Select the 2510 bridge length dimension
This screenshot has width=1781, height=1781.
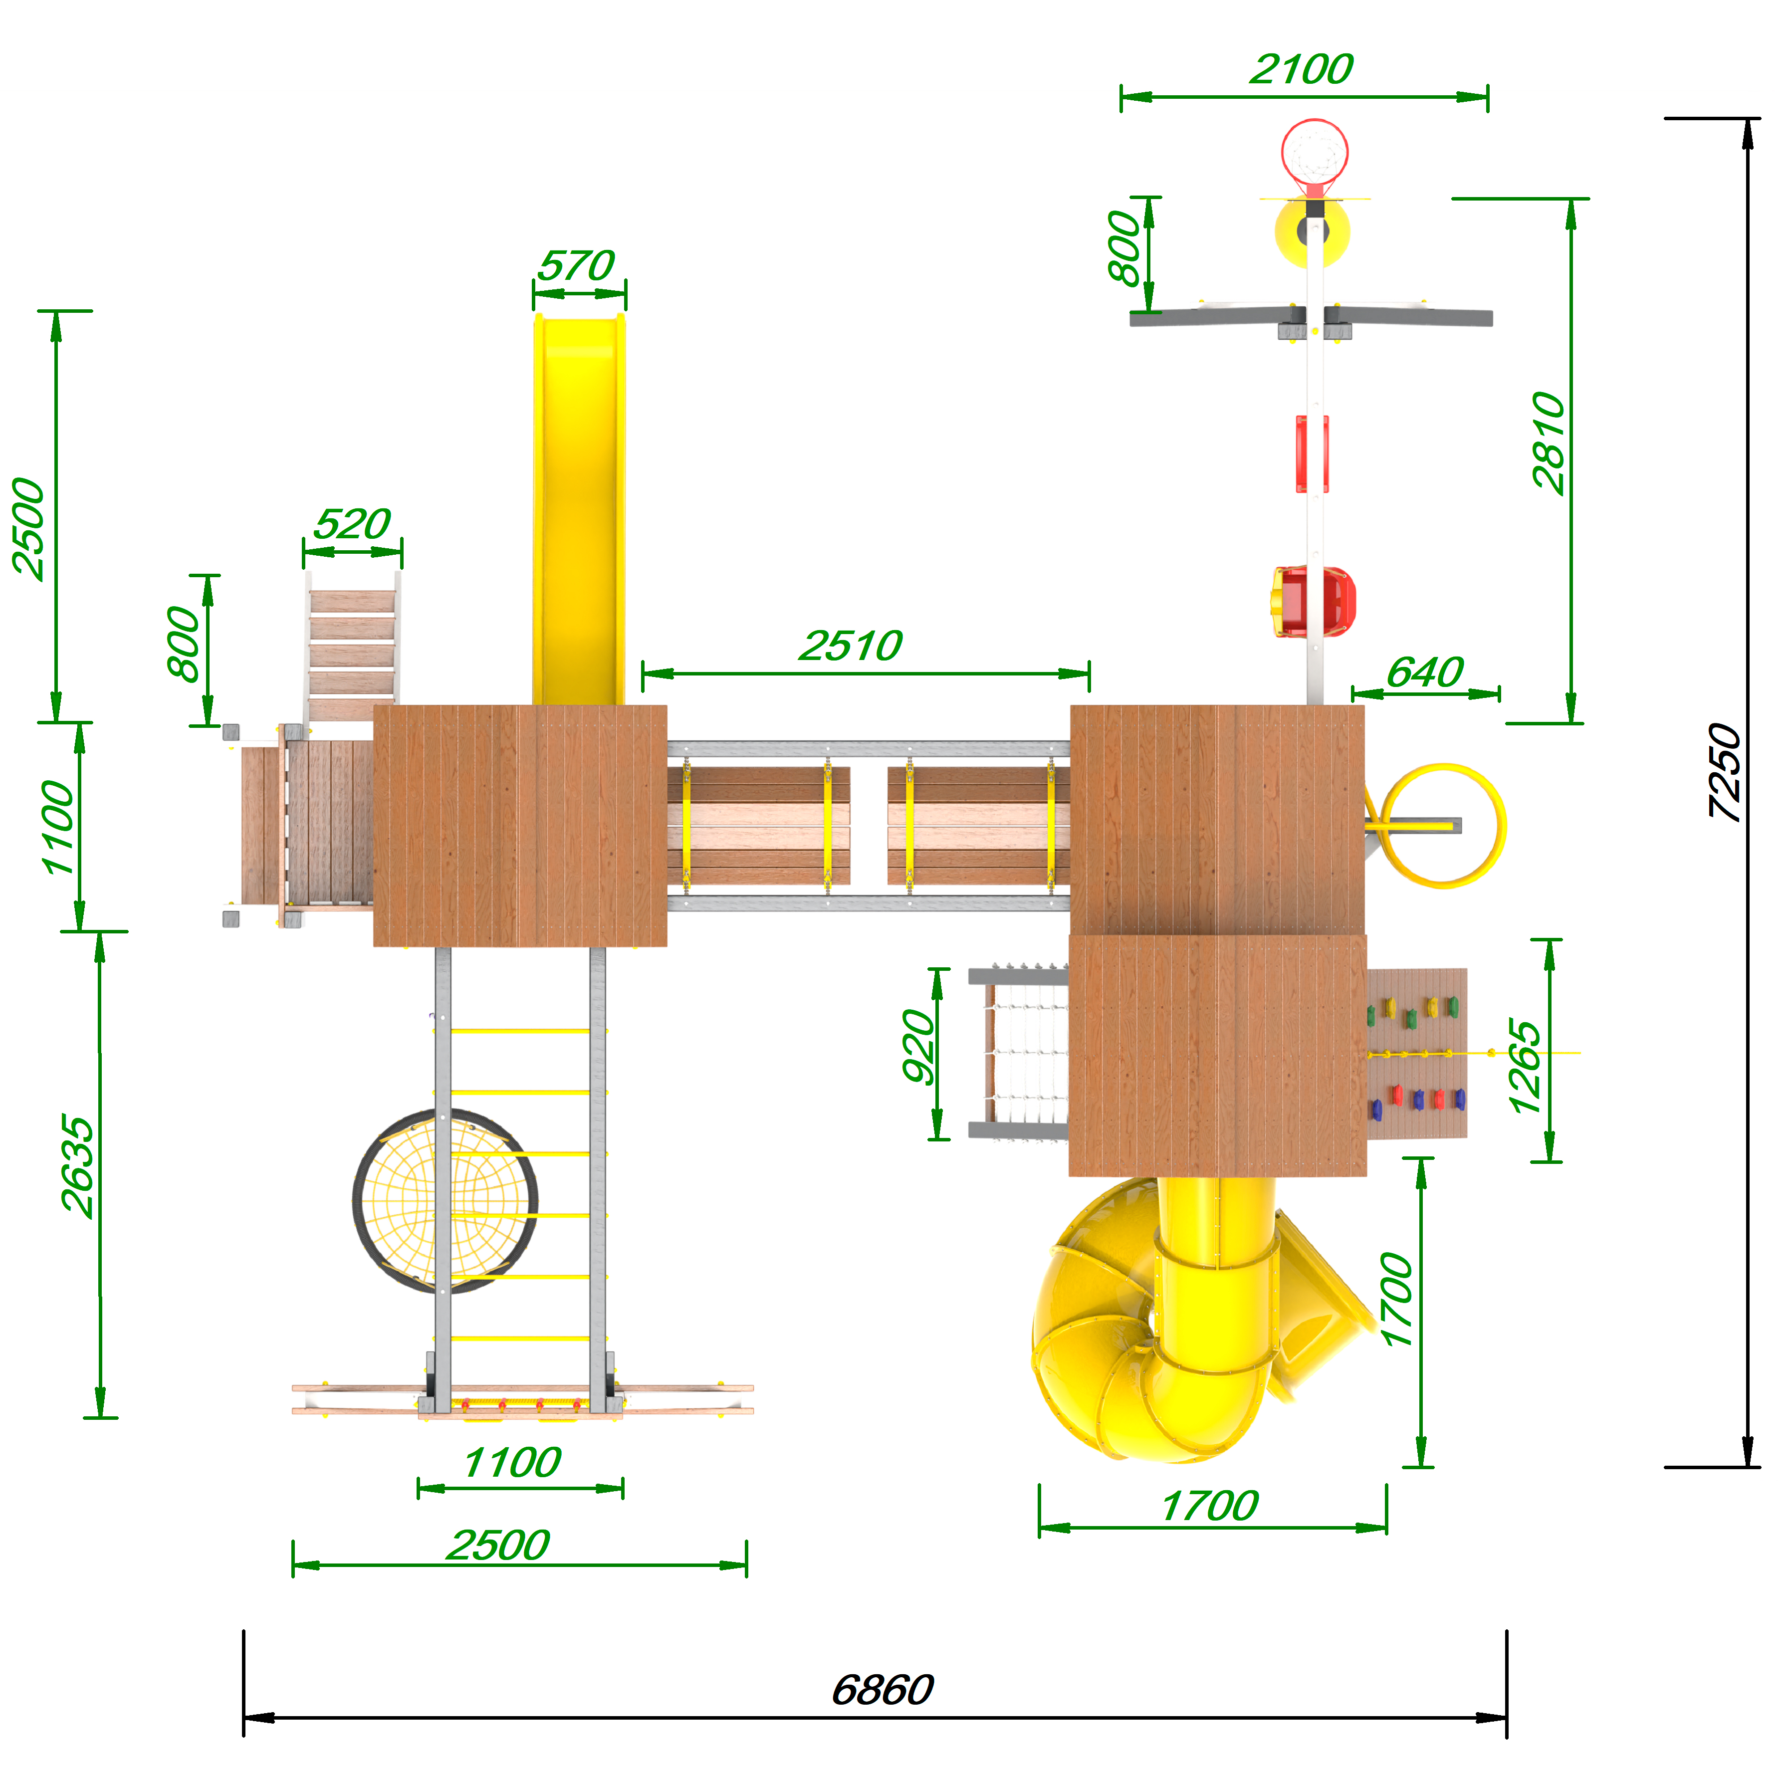coord(850,645)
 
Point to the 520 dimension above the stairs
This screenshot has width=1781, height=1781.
coord(352,524)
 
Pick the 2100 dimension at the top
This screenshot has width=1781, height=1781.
coord(1302,69)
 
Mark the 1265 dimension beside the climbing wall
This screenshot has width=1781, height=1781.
coord(1525,1067)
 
